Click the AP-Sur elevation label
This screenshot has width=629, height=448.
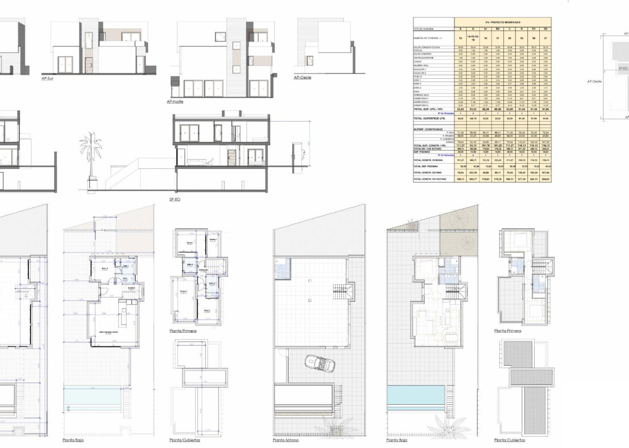click(47, 79)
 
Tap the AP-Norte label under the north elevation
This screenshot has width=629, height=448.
click(175, 102)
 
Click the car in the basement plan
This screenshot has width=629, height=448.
click(320, 364)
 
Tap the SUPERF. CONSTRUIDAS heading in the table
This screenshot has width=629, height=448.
click(428, 129)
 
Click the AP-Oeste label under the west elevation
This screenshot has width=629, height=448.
click(303, 77)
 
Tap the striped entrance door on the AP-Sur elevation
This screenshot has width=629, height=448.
click(88, 65)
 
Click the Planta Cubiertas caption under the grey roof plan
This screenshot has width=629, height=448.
click(509, 440)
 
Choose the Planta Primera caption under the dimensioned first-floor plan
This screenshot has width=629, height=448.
click(183, 331)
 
